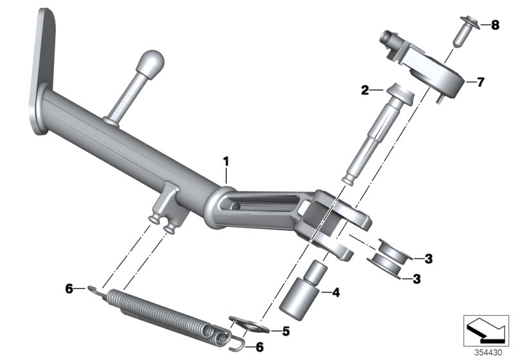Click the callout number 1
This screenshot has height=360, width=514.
[226, 159]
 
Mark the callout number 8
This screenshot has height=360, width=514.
[495, 26]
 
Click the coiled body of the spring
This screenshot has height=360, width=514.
[164, 309]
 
